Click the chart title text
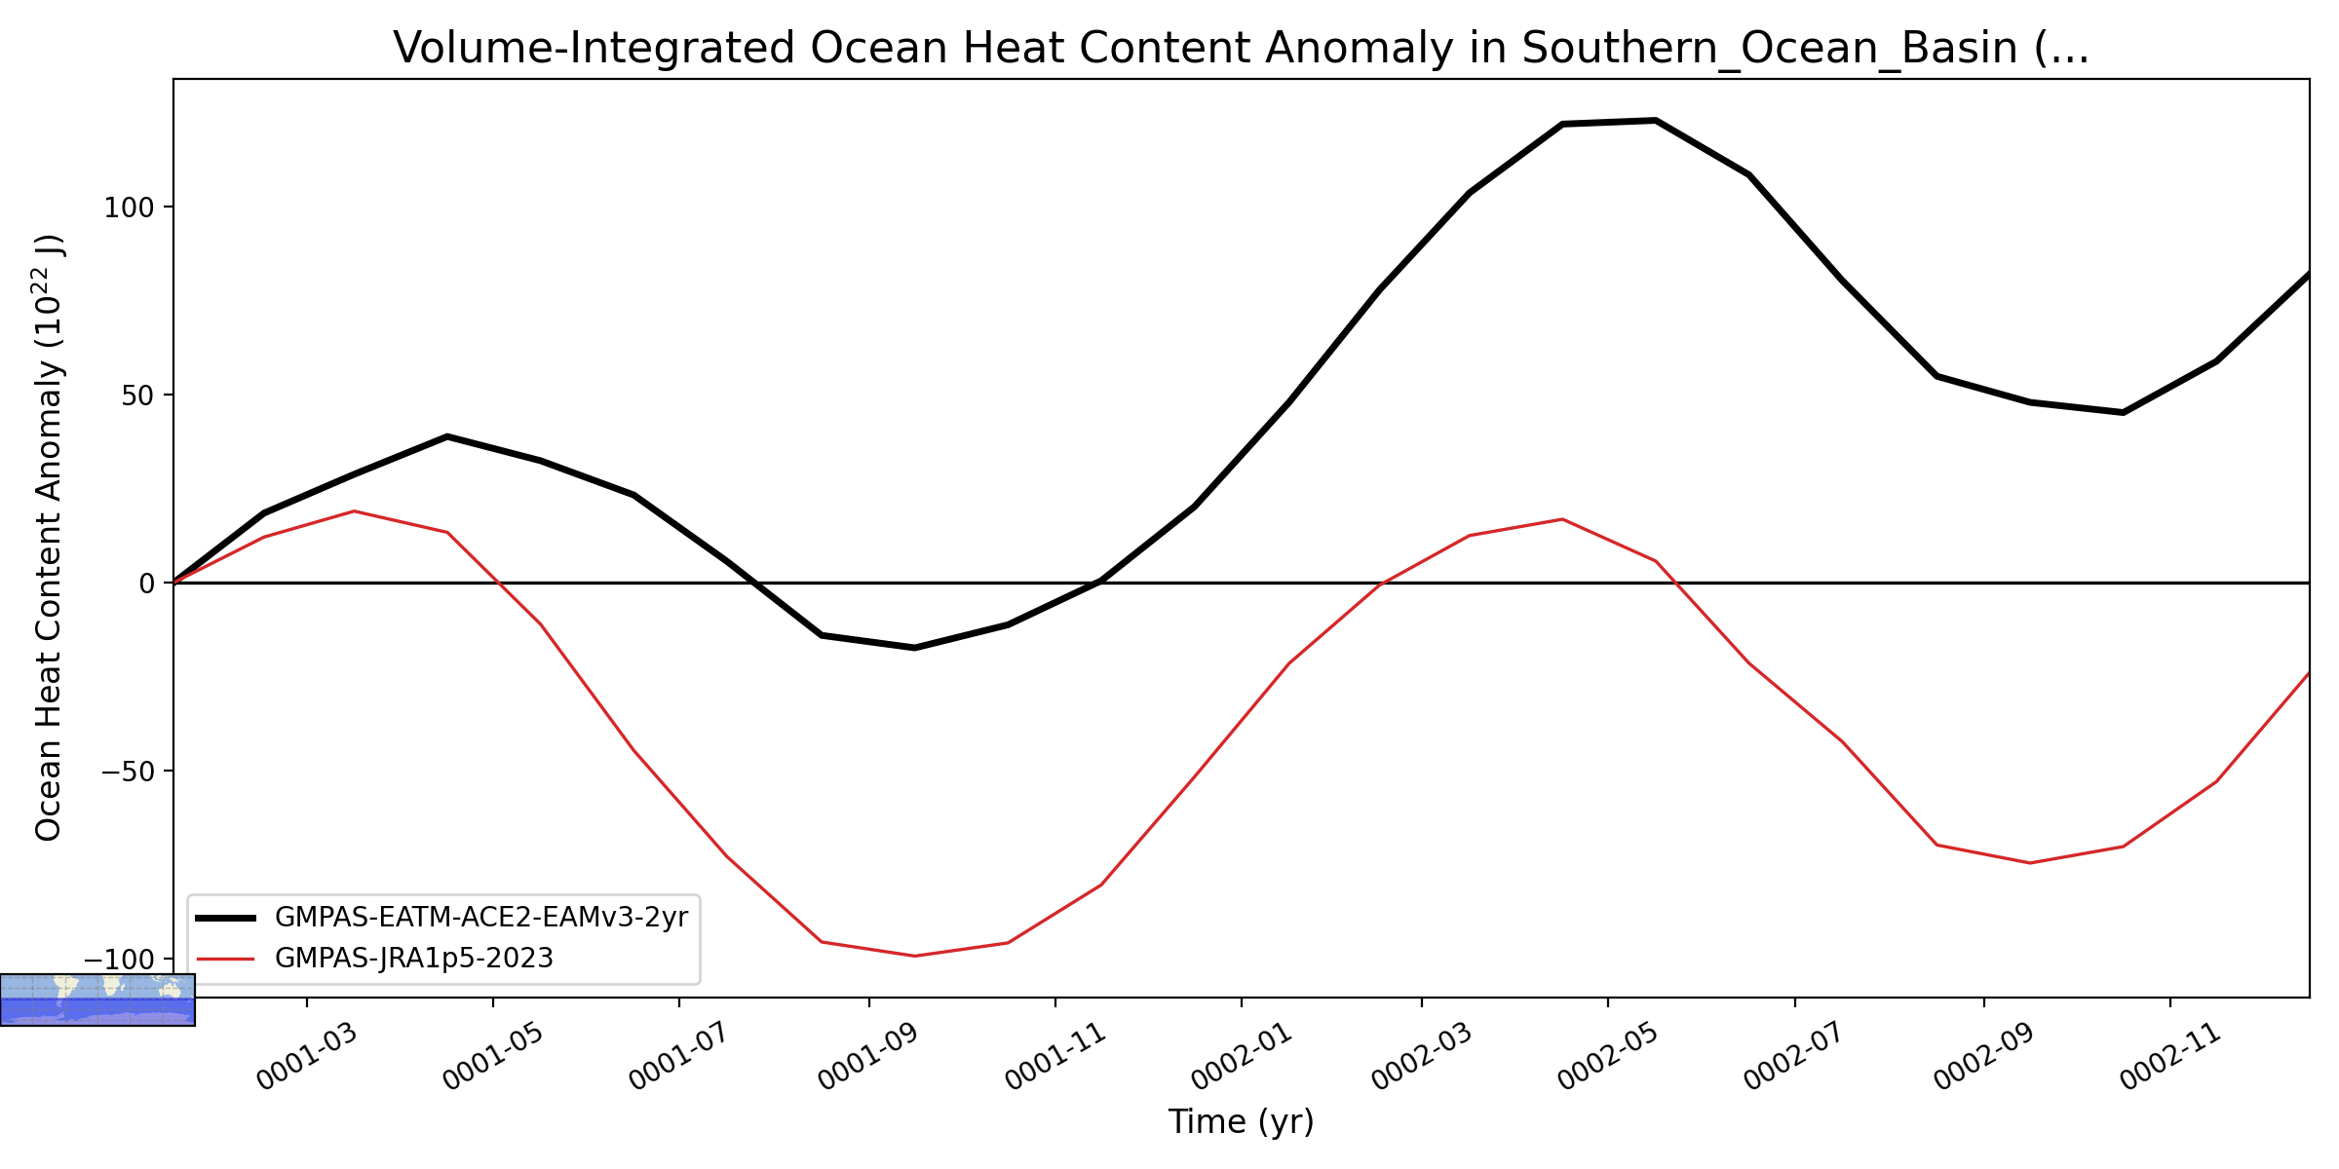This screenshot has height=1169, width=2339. point(1241,48)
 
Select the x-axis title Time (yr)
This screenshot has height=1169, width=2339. point(1241,1121)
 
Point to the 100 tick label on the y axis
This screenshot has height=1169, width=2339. point(130,207)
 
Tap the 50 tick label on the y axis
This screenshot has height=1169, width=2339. point(139,396)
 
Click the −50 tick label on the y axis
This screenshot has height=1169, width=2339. point(130,772)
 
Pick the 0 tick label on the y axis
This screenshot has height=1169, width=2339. point(148,584)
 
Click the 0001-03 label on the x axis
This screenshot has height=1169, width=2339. point(308,1056)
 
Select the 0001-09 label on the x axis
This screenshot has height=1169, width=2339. point(868,1056)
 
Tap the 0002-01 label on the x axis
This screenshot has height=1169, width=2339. point(1242,1056)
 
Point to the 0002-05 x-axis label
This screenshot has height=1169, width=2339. point(1608,1056)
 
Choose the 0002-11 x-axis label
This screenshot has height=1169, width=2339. point(2170,1056)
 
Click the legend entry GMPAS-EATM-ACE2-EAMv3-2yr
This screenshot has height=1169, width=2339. point(481,918)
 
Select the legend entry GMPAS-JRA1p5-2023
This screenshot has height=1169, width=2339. point(414,959)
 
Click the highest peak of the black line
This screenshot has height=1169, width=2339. point(1655,121)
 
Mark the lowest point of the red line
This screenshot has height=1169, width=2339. point(914,956)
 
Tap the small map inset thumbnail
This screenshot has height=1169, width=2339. point(97,999)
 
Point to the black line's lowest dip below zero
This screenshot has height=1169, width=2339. point(914,648)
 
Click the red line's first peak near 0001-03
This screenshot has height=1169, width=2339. point(354,511)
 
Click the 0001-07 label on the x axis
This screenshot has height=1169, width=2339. point(679,1056)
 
